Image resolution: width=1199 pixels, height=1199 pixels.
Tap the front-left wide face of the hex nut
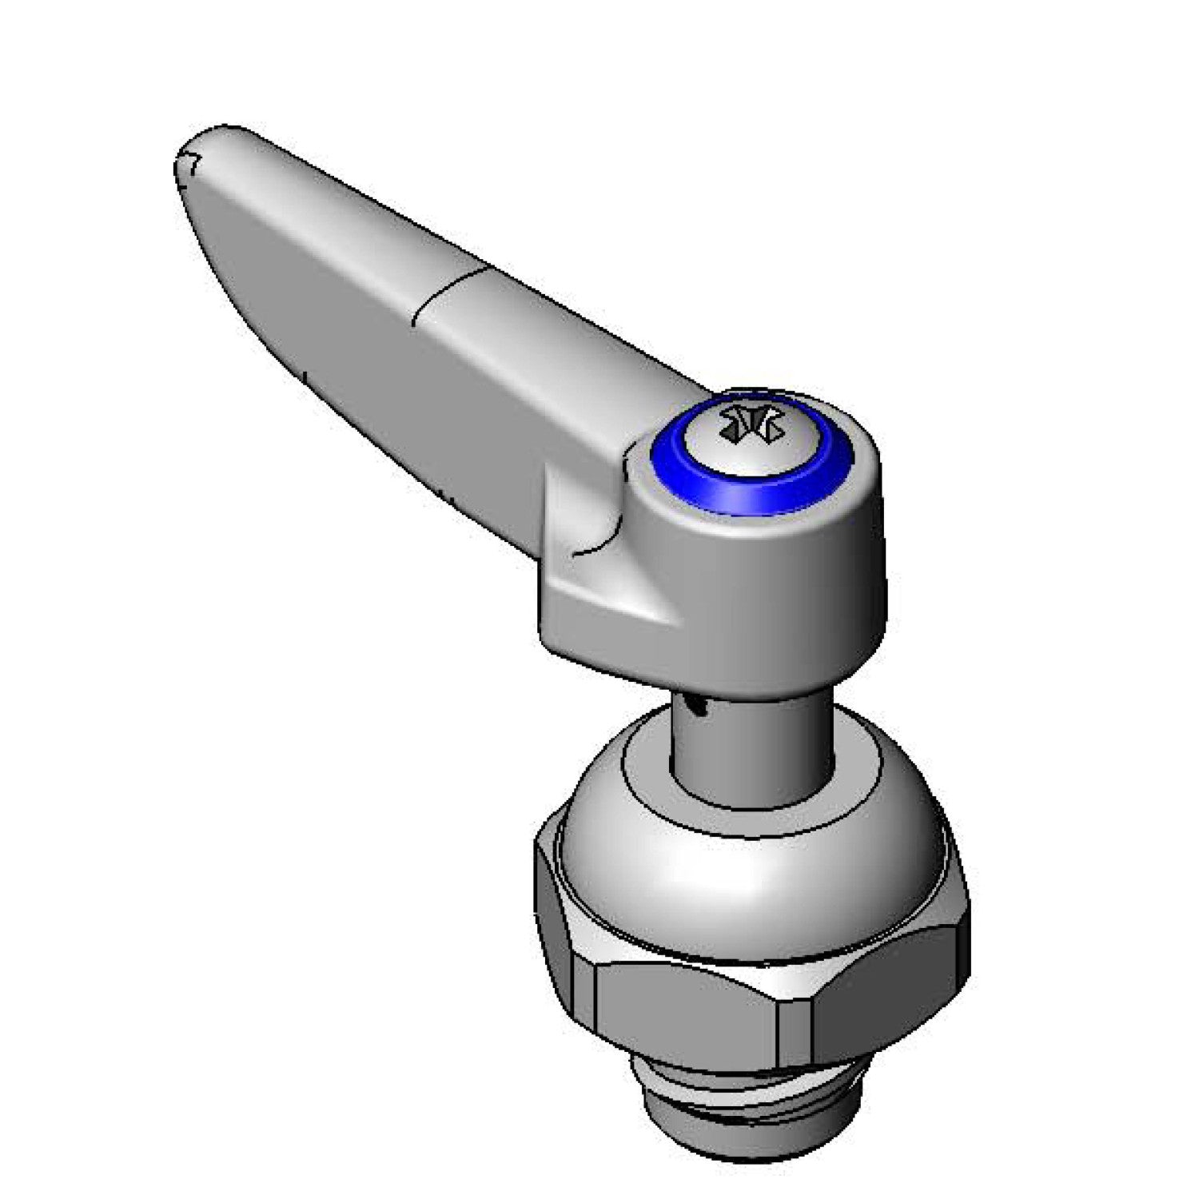(x=687, y=1015)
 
